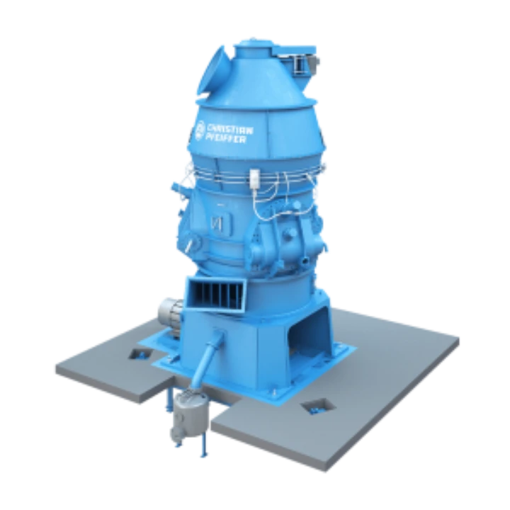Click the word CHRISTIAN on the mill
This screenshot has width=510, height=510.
point(230,130)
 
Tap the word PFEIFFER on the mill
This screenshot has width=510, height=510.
point(226,138)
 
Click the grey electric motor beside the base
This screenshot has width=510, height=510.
point(170,314)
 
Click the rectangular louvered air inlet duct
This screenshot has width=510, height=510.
point(216,294)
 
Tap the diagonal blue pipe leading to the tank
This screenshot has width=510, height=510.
point(208,358)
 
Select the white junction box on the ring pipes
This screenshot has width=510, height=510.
point(254,179)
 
